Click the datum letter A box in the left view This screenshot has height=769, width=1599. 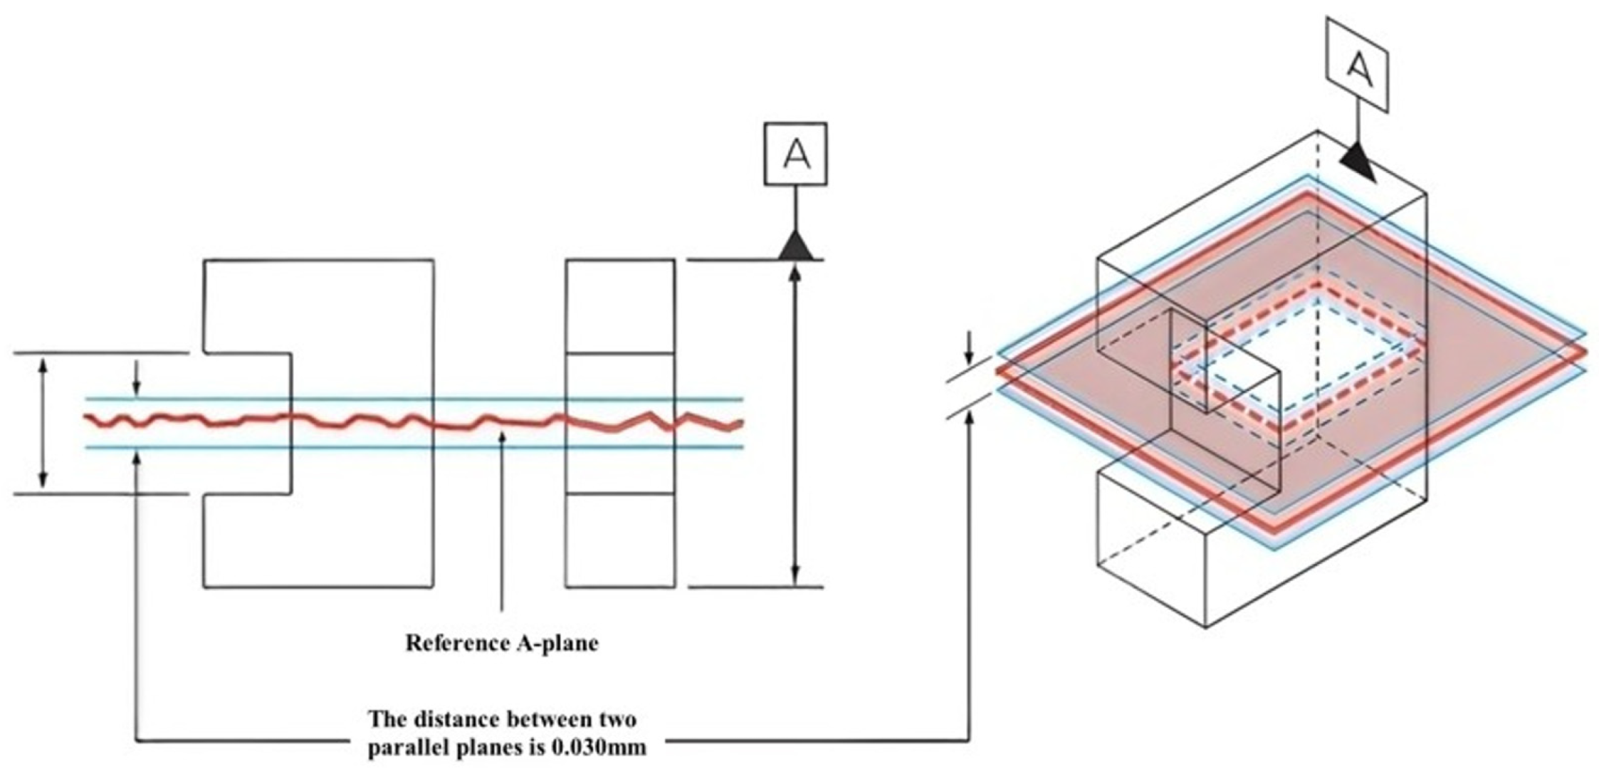click(795, 154)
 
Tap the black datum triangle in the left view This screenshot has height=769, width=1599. click(795, 246)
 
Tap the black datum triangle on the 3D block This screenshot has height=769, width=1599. click(1358, 165)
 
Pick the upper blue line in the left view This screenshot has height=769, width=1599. click(414, 399)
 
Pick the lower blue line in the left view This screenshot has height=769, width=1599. click(414, 447)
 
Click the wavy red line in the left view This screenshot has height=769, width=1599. click(414, 421)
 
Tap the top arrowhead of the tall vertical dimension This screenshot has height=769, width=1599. click(795, 274)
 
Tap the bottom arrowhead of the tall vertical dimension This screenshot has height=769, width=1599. click(795, 574)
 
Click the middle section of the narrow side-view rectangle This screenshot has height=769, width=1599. click(620, 422)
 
